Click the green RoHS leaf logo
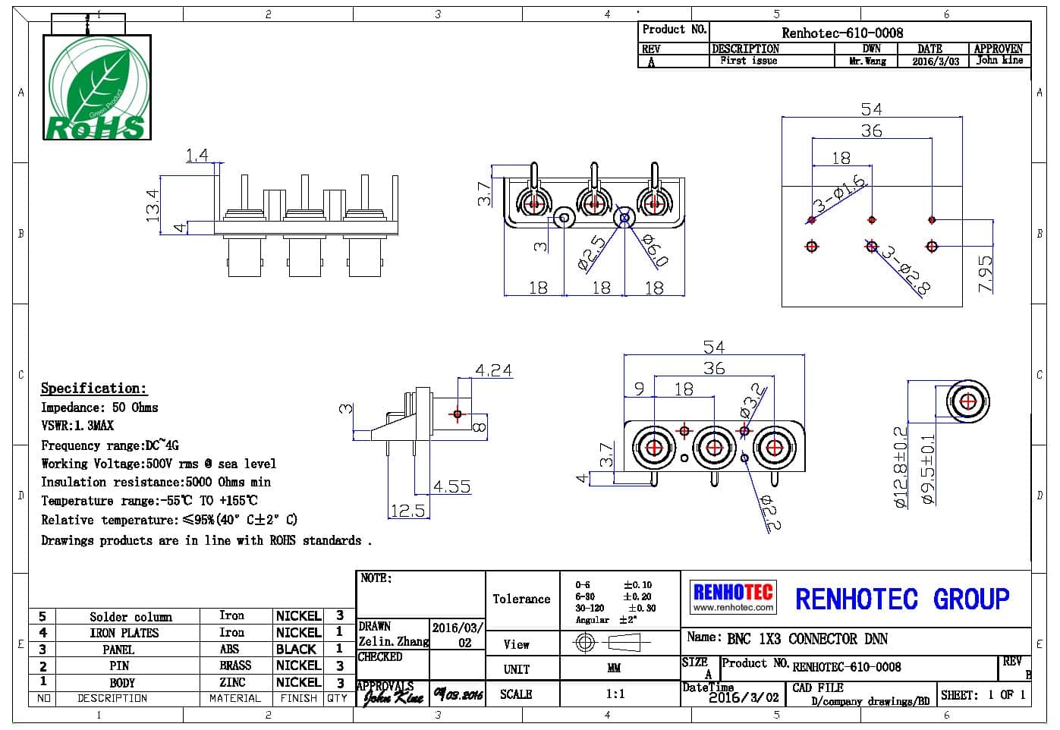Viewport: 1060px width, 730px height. (x=96, y=87)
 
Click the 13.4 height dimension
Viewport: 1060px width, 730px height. (x=153, y=205)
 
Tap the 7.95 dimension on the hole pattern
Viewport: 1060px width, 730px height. (x=985, y=273)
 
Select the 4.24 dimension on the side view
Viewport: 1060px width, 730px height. (x=493, y=370)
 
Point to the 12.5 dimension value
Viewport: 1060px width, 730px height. (x=407, y=511)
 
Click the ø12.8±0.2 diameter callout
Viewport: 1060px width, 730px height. (x=901, y=466)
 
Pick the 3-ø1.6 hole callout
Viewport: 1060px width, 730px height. (x=839, y=194)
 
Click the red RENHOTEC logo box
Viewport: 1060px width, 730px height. (x=733, y=597)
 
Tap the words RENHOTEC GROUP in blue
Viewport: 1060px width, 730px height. (x=902, y=599)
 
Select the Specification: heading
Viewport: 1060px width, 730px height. (x=93, y=388)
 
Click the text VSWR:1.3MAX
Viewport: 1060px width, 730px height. (x=77, y=426)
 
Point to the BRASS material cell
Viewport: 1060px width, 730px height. (x=235, y=665)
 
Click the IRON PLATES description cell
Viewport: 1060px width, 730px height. (x=124, y=633)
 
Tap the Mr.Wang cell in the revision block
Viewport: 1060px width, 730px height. (x=867, y=61)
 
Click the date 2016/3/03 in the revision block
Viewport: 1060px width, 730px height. (x=935, y=61)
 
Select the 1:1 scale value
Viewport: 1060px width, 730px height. (x=615, y=694)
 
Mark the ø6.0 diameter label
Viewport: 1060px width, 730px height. (x=655, y=250)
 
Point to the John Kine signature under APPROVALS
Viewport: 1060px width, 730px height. (x=393, y=697)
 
